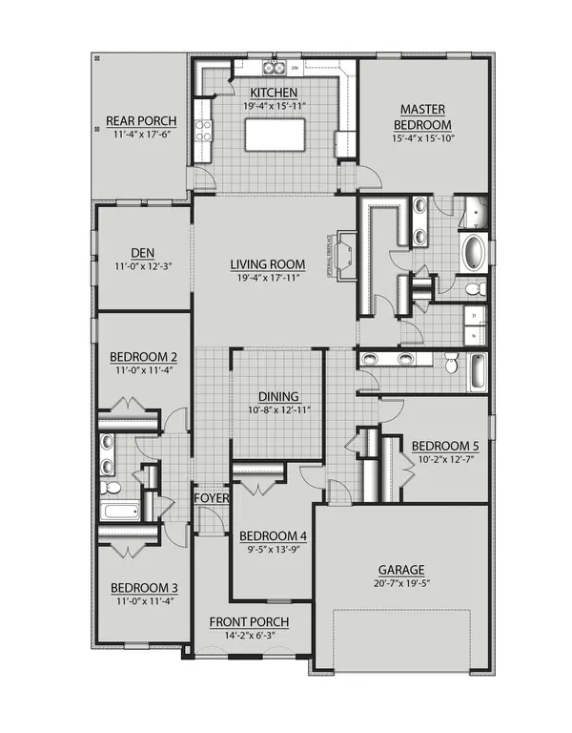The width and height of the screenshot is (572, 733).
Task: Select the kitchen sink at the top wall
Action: (x=275, y=68)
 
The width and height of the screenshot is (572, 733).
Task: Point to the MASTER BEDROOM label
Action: (x=425, y=116)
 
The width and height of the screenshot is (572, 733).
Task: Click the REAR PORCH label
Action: (x=138, y=123)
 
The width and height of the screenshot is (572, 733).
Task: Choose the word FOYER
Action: (x=210, y=497)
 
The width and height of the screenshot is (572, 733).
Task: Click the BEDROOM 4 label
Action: (x=273, y=534)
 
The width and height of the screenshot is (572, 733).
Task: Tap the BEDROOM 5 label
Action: (x=445, y=446)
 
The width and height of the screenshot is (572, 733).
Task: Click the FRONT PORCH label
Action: (x=248, y=622)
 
